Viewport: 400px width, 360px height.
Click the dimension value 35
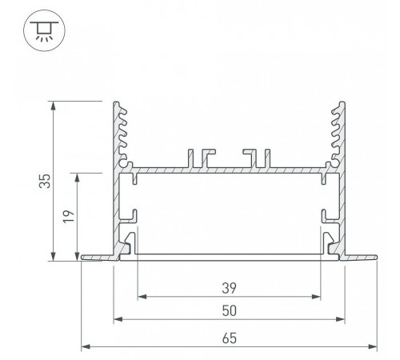coord(45,181)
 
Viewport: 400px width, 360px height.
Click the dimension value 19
coord(69,216)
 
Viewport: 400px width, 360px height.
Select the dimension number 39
coord(229,288)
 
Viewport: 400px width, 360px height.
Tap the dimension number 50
coord(229,310)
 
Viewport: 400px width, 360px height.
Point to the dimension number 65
coord(229,338)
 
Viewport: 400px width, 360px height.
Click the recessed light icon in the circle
coord(44,30)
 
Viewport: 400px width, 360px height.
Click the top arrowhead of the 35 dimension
coord(54,106)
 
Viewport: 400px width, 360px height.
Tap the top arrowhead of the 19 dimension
coord(78,178)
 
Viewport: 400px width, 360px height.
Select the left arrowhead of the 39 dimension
coord(142,297)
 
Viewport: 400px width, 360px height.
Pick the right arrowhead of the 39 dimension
coord(316,297)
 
